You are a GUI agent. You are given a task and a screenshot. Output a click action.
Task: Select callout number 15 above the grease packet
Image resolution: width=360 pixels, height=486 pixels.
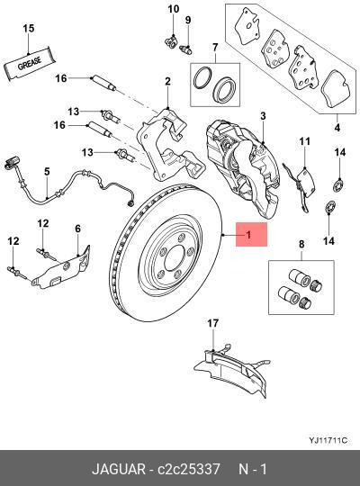29,30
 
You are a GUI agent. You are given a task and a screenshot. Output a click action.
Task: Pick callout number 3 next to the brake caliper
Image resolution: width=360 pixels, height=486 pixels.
264,116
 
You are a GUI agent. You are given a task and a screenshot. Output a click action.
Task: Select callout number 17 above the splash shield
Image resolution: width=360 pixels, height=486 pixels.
212,322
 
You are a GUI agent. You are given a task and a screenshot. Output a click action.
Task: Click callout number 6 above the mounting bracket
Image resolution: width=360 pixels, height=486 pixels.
77,229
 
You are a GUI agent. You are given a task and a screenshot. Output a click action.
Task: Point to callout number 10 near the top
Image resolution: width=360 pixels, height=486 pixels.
172,9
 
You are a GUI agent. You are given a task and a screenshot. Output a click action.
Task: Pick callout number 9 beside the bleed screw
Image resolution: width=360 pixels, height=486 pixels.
188,20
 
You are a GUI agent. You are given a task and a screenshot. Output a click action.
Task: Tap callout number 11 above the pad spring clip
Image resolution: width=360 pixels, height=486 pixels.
304,141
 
